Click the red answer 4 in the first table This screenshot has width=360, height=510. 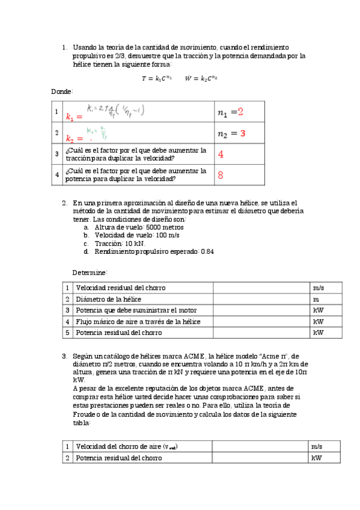point(221,154)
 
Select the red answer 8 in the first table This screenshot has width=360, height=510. point(221,176)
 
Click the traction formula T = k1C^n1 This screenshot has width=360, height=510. point(156,78)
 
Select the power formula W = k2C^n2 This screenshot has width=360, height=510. point(201,78)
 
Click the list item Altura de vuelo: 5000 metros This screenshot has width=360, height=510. point(139,227)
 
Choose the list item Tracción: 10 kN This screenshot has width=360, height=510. point(120,244)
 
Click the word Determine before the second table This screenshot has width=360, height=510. point(90,272)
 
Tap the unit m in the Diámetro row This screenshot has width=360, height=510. point(316,299)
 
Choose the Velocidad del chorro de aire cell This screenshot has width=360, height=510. point(127,446)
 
